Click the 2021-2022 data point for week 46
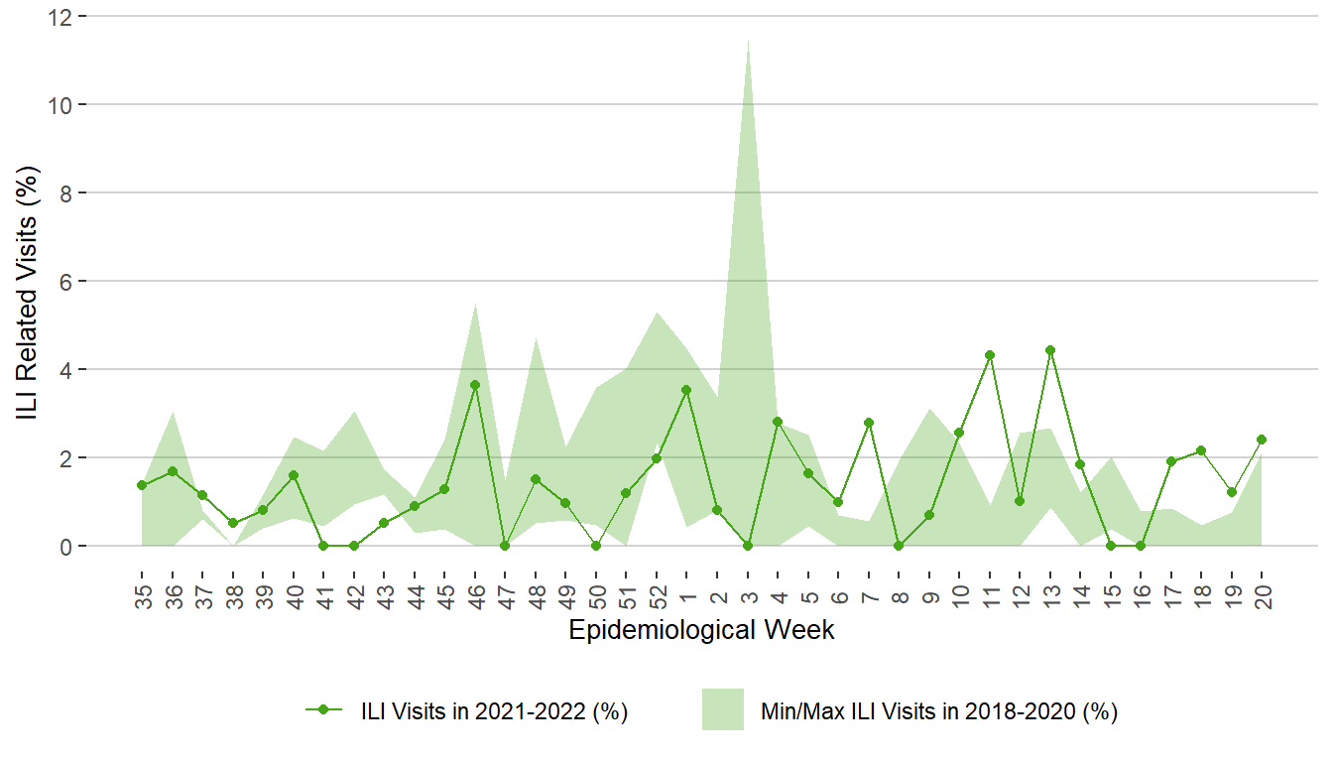pos(475,385)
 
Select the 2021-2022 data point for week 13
pos(1049,350)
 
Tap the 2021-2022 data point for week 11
pos(990,355)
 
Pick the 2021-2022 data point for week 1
pos(685,390)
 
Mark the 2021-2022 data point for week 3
pos(747,546)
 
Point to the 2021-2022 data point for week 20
pos(1262,440)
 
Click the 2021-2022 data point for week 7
pos(869,423)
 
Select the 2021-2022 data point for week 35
pos(142,485)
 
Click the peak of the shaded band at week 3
pos(747,41)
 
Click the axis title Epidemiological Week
pos(701,630)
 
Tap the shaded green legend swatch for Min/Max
pos(722,709)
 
